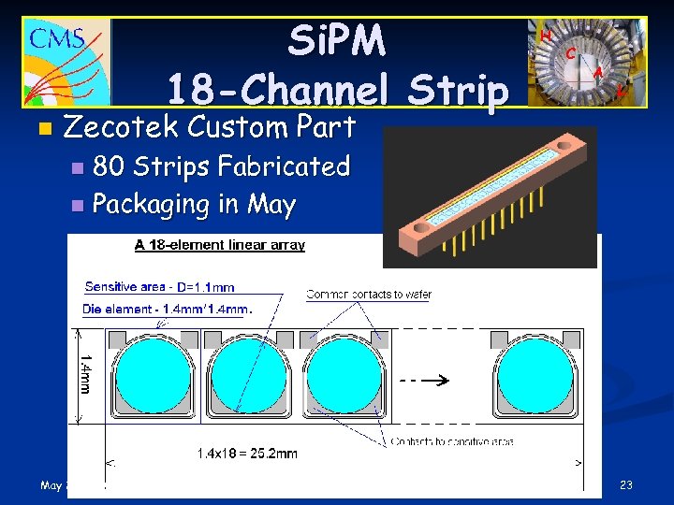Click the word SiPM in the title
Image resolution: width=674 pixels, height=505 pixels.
[336, 40]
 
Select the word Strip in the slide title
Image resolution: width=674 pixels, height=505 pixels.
[460, 91]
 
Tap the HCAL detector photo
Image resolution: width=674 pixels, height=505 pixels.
[586, 62]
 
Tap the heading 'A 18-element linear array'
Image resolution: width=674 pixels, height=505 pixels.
[220, 245]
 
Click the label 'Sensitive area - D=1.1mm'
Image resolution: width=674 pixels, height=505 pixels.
[159, 286]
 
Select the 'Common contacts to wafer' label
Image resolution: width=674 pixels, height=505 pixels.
[369, 295]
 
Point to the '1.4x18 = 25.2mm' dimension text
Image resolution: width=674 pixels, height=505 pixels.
[247, 453]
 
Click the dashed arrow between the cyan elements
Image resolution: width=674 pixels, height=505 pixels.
[422, 381]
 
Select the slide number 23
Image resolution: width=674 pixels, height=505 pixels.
[626, 485]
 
